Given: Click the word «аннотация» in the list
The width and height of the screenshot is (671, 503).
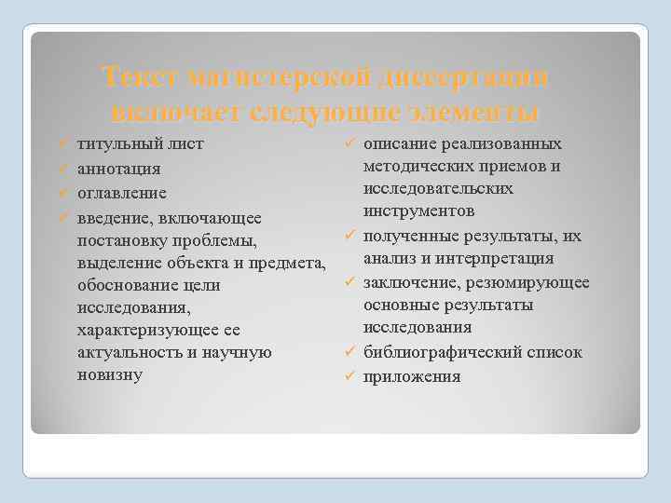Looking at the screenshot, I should point(118,170).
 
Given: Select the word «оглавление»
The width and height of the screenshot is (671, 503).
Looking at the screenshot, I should point(122,194).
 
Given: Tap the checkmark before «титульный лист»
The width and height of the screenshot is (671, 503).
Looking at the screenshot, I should point(59,146).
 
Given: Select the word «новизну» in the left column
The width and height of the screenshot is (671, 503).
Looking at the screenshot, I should point(109,374).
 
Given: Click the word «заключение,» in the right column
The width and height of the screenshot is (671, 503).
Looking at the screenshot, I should point(407,282).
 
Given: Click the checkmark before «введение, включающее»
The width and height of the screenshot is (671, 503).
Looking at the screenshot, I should point(59,218).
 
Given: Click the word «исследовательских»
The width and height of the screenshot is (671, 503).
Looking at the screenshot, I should point(438,188).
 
